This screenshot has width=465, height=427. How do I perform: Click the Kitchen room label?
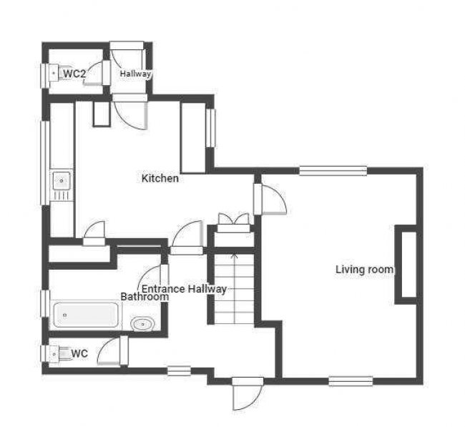[x=160, y=178]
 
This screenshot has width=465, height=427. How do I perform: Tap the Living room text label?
[x=364, y=269]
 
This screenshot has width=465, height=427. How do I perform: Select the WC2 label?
[x=74, y=74]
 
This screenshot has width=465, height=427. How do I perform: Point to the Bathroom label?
[x=145, y=297]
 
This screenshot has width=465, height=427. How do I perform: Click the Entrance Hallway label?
[x=184, y=288]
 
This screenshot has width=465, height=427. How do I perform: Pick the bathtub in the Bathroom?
[x=86, y=315]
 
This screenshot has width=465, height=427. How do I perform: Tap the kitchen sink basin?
[x=62, y=180]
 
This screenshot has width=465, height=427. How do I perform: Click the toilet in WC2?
[x=57, y=73]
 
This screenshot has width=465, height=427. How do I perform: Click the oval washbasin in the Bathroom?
[x=142, y=324]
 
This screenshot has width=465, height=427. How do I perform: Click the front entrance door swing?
[x=248, y=394]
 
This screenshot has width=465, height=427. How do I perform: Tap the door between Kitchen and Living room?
[x=270, y=199]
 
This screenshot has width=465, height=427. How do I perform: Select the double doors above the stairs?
[x=234, y=222]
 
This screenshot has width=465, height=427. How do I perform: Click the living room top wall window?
[x=333, y=171]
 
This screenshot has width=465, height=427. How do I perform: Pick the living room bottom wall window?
[x=351, y=381]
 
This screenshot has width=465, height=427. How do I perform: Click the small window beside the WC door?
[x=179, y=371]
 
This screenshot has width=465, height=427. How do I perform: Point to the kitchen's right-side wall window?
[x=210, y=128]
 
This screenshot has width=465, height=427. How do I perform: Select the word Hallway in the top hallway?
[x=135, y=74]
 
